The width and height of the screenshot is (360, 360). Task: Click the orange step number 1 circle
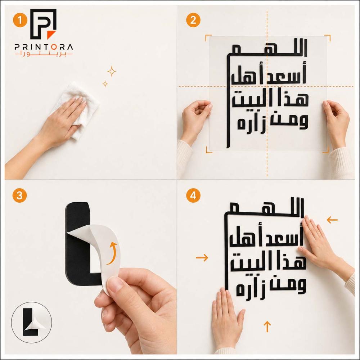[20, 20]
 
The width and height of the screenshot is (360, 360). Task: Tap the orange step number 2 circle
[193, 20]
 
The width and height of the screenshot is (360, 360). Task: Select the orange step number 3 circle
[19, 195]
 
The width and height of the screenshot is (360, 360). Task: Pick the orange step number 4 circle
[193, 195]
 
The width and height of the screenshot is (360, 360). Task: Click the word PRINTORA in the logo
[44, 47]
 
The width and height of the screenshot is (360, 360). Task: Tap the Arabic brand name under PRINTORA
[44, 54]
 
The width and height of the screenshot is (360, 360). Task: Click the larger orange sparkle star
[112, 72]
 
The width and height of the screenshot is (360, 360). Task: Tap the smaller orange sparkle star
[105, 84]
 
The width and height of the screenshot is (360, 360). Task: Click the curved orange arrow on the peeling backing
[112, 253]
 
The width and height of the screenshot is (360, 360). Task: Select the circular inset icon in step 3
[31, 322]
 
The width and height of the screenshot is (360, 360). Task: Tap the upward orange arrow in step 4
[267, 327]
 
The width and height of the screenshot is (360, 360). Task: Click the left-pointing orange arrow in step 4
[332, 220]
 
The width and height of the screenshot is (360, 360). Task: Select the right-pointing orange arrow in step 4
[202, 258]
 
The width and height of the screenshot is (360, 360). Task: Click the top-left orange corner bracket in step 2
[208, 38]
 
